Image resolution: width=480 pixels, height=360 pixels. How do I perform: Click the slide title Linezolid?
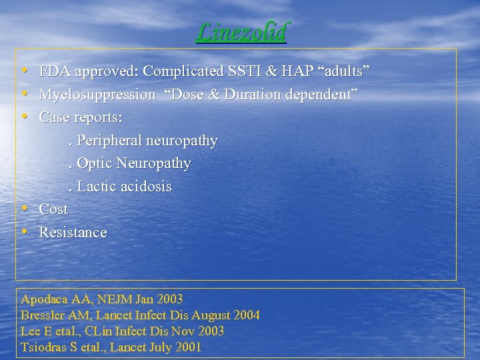tap(241, 31)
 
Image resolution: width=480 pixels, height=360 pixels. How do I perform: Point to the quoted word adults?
tap(347, 71)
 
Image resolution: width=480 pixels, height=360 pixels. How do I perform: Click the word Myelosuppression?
tap(97, 95)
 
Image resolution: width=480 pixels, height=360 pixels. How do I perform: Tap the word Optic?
tap(95, 163)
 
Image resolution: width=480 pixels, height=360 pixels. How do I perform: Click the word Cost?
tap(53, 209)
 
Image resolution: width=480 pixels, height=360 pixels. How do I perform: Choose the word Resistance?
tap(73, 233)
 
